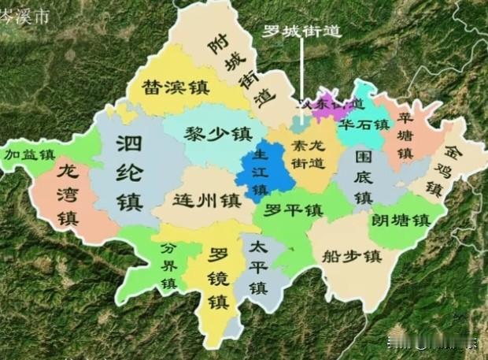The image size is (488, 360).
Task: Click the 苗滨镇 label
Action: [175, 87]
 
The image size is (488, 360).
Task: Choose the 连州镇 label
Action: [207, 199]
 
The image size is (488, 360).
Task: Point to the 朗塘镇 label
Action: [401, 220]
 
